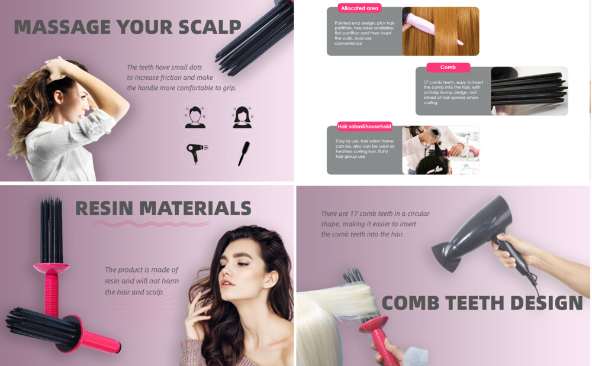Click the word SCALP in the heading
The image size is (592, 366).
click(x=210, y=27)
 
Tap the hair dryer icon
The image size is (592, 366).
click(x=196, y=153)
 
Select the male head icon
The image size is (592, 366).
click(x=195, y=116)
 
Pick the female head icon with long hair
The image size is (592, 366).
click(x=242, y=116)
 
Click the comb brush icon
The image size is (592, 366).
click(x=243, y=153)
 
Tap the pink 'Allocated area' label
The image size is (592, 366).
click(x=359, y=8)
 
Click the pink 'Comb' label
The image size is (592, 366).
click(x=448, y=67)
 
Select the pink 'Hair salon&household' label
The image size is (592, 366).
click(x=364, y=127)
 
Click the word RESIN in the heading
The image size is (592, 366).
click(x=104, y=208)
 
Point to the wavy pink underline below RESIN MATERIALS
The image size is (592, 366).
click(x=151, y=224)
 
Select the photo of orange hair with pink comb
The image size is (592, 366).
click(x=440, y=31)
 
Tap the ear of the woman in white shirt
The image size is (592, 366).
click(x=59, y=96)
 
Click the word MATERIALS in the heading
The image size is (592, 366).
click(x=195, y=208)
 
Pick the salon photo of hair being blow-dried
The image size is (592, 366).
click(x=440, y=150)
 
